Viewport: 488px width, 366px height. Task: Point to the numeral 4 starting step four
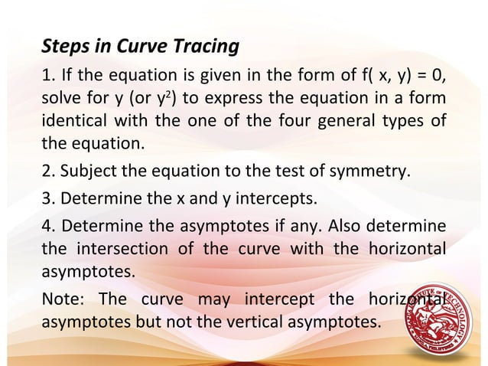click(x=45, y=227)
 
